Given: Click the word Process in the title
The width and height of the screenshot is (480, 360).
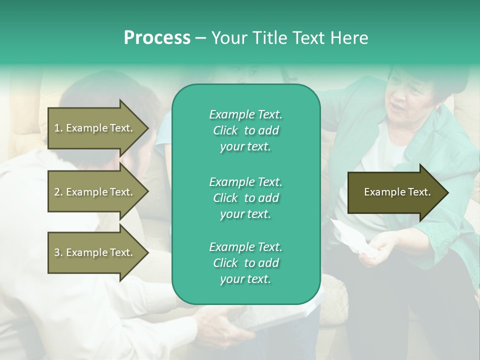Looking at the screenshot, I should (x=157, y=38).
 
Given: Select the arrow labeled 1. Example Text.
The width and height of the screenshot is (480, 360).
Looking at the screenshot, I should (x=95, y=128).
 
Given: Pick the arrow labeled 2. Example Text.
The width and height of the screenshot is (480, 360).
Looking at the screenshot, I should (x=95, y=192).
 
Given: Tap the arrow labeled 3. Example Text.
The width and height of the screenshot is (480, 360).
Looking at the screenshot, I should (x=95, y=252).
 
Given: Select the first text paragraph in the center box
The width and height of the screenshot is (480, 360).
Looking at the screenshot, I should (x=245, y=130).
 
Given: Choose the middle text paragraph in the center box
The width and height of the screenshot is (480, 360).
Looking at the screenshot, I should (x=245, y=198).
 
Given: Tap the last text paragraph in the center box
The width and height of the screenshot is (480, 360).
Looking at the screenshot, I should (x=245, y=263).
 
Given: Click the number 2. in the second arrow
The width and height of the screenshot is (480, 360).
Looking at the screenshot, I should (x=58, y=192).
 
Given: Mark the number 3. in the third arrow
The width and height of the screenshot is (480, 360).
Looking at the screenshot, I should (x=58, y=252).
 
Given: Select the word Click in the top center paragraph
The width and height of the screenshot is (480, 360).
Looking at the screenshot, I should (x=225, y=130).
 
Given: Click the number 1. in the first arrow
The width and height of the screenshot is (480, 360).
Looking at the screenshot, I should (x=58, y=128).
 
